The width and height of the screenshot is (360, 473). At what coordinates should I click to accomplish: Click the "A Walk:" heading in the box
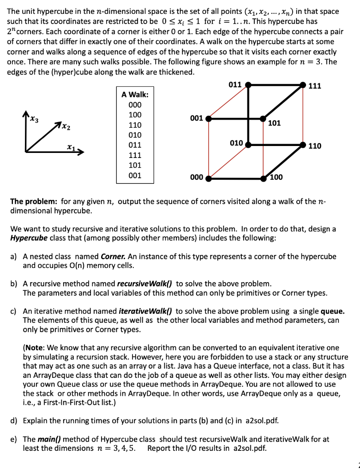135,94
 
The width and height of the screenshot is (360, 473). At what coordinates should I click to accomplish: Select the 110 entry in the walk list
135,125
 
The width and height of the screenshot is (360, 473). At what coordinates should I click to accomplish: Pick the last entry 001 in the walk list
135,176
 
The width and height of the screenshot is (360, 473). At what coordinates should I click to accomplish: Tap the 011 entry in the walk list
135,145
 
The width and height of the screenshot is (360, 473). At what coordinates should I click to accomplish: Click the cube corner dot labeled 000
208,178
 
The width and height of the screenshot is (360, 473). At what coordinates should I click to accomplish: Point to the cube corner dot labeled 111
303,85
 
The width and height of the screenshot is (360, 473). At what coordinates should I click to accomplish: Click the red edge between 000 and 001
208,148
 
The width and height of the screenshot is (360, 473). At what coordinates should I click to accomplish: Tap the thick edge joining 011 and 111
276,85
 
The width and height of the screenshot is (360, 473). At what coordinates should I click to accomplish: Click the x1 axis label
70,147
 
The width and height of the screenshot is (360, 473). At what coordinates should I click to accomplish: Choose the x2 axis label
65,126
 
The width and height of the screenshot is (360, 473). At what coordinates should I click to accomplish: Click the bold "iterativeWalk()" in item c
145,311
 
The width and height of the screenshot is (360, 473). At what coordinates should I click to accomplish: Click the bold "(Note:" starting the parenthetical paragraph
35,347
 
